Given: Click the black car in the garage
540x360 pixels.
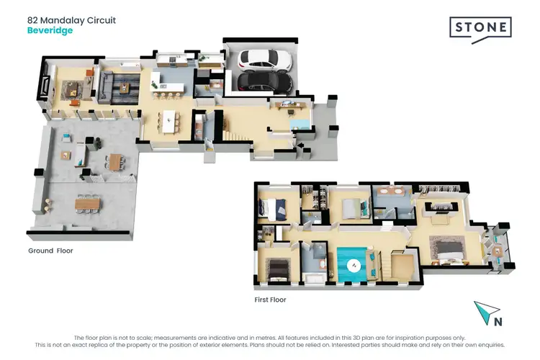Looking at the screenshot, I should [x=265, y=81].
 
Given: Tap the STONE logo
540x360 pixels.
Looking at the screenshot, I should [x=481, y=29].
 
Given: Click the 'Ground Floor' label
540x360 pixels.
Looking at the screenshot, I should [x=50, y=251].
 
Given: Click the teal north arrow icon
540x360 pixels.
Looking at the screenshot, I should [x=486, y=311].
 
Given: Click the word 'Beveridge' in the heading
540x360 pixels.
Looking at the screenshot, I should [x=50, y=30].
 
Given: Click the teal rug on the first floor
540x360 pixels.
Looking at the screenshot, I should [x=353, y=266].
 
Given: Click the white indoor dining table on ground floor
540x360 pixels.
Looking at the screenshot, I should [x=171, y=120].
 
